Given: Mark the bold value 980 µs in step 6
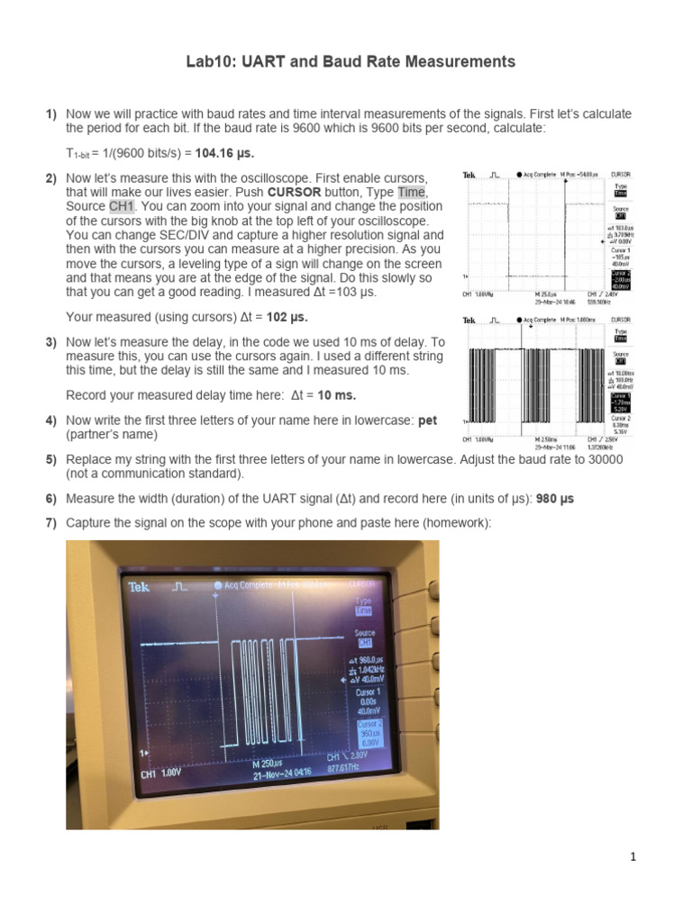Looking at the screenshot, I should (555, 499).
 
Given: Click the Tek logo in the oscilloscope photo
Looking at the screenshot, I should (140, 586).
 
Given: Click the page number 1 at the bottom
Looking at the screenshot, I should (633, 857).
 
